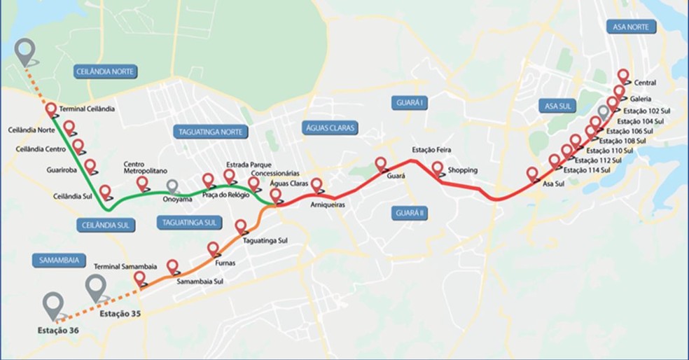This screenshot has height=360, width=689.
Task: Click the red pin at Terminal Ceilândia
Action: pyautogui.click(x=51, y=109)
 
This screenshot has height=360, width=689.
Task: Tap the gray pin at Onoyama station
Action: pyautogui.click(x=172, y=186)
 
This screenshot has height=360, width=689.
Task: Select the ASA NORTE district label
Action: pyautogui.click(x=632, y=27)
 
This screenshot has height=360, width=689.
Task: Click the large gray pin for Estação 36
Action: pyautogui.click(x=53, y=304)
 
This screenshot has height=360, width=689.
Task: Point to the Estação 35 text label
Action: pyautogui.click(x=120, y=314)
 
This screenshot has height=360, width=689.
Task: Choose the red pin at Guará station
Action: pyautogui.click(x=382, y=165)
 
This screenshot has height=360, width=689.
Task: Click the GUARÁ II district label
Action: pyautogui.click(x=410, y=212)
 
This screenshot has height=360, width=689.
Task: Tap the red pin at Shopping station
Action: pyautogui.click(x=438, y=169)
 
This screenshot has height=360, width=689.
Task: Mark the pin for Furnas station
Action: pyautogui.click(x=214, y=248)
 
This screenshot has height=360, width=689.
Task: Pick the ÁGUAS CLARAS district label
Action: pyautogui.click(x=330, y=127)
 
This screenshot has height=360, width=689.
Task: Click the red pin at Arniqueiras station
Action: pyautogui.click(x=316, y=186)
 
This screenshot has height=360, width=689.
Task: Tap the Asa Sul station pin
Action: pyautogui.click(x=532, y=174)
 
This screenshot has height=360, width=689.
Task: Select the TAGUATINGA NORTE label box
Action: pyautogui.click(x=209, y=132)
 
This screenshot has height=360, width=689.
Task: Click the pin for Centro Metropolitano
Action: pyautogui.click(x=143, y=183)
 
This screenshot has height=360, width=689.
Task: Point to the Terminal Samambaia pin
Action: pyautogui.click(x=139, y=278)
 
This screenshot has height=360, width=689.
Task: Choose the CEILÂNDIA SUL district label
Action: pyautogui.click(x=106, y=224)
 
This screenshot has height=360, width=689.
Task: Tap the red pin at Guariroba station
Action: pyautogui.click(x=90, y=166)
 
